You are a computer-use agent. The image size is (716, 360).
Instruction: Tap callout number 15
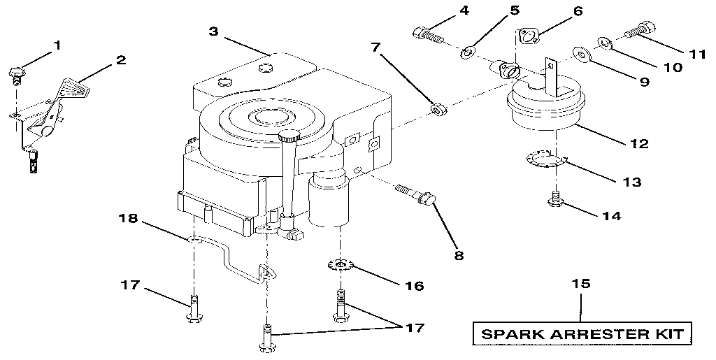[x=580, y=285]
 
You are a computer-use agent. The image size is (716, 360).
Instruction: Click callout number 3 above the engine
[x=213, y=31]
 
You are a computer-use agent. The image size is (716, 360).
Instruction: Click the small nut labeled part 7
[x=438, y=109]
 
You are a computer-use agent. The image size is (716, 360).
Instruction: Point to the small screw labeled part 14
[x=556, y=200]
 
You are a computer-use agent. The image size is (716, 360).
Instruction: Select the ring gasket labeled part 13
[x=541, y=161]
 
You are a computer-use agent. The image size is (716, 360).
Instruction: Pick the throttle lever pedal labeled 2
[x=73, y=89]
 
